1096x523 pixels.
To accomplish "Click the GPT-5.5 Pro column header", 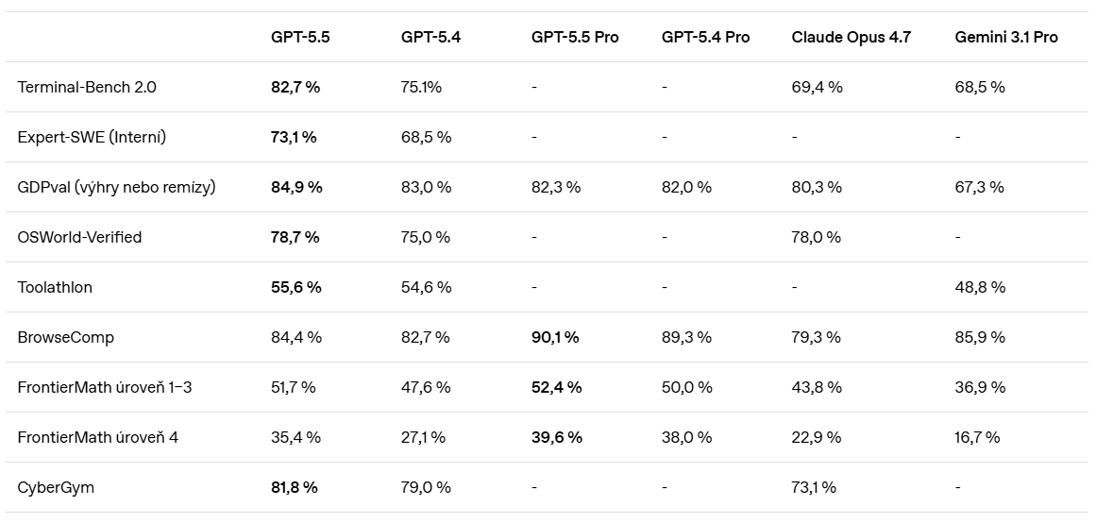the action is [575, 37].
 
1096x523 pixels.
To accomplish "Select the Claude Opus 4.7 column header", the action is [851, 37].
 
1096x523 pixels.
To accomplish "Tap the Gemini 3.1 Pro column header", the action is [1005, 37].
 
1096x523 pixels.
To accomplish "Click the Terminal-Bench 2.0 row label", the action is [87, 88].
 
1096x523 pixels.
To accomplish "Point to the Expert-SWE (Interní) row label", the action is [92, 137].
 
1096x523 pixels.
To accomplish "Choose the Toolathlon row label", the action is [55, 287].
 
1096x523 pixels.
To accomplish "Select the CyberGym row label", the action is [55, 487].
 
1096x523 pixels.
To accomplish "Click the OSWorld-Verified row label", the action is [79, 237].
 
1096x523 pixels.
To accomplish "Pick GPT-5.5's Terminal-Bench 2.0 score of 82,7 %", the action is [295, 88].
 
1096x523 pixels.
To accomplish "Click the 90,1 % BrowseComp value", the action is [555, 337].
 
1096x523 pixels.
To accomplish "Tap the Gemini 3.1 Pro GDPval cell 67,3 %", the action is [979, 187].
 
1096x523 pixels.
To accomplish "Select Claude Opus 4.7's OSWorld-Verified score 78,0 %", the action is [817, 237].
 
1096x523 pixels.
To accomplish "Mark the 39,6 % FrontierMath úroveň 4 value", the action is [556, 437].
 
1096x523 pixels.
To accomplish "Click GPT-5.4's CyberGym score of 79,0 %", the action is [426, 487].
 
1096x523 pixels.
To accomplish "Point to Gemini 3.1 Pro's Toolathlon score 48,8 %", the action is [980, 287].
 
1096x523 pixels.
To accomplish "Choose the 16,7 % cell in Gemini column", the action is [977, 437].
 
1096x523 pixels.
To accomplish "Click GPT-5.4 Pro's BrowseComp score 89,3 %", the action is [686, 337].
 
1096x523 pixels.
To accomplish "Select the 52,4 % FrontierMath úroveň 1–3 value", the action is [556, 387].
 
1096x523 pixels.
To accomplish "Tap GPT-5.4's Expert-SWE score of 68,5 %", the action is [427, 137].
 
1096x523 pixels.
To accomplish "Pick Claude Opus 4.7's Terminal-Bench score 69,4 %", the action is [818, 88].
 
